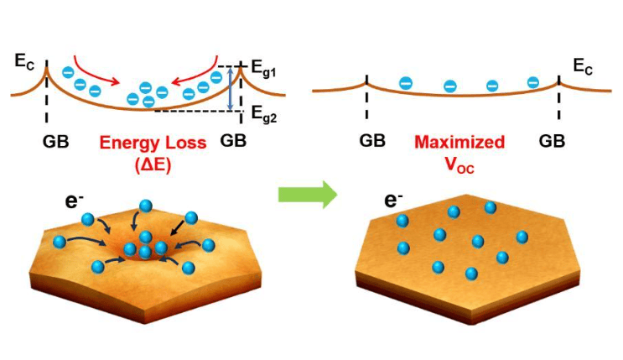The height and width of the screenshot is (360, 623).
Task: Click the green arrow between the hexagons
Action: [307, 196]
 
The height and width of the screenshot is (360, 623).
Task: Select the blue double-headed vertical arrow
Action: [231, 89]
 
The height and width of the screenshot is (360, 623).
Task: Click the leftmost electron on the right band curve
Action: [406, 82]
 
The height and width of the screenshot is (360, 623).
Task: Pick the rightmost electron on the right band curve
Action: [532, 81]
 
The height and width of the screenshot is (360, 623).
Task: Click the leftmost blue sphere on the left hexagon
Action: [59, 242]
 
